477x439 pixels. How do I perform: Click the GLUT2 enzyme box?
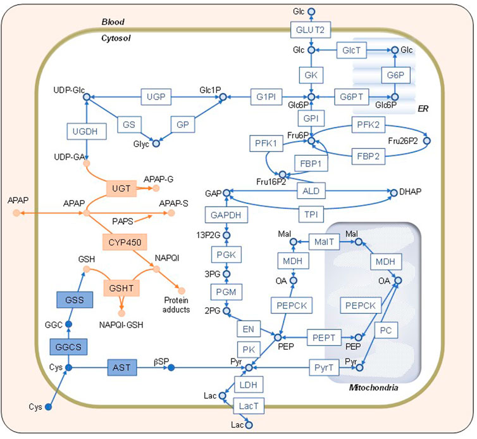click(x=311, y=29)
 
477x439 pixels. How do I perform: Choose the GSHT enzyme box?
click(x=121, y=286)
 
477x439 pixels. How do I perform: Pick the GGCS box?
click(x=70, y=347)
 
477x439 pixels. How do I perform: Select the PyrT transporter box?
click(x=319, y=367)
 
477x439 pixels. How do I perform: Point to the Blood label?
click(x=113, y=22)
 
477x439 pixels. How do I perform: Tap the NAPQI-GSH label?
click(x=121, y=324)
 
